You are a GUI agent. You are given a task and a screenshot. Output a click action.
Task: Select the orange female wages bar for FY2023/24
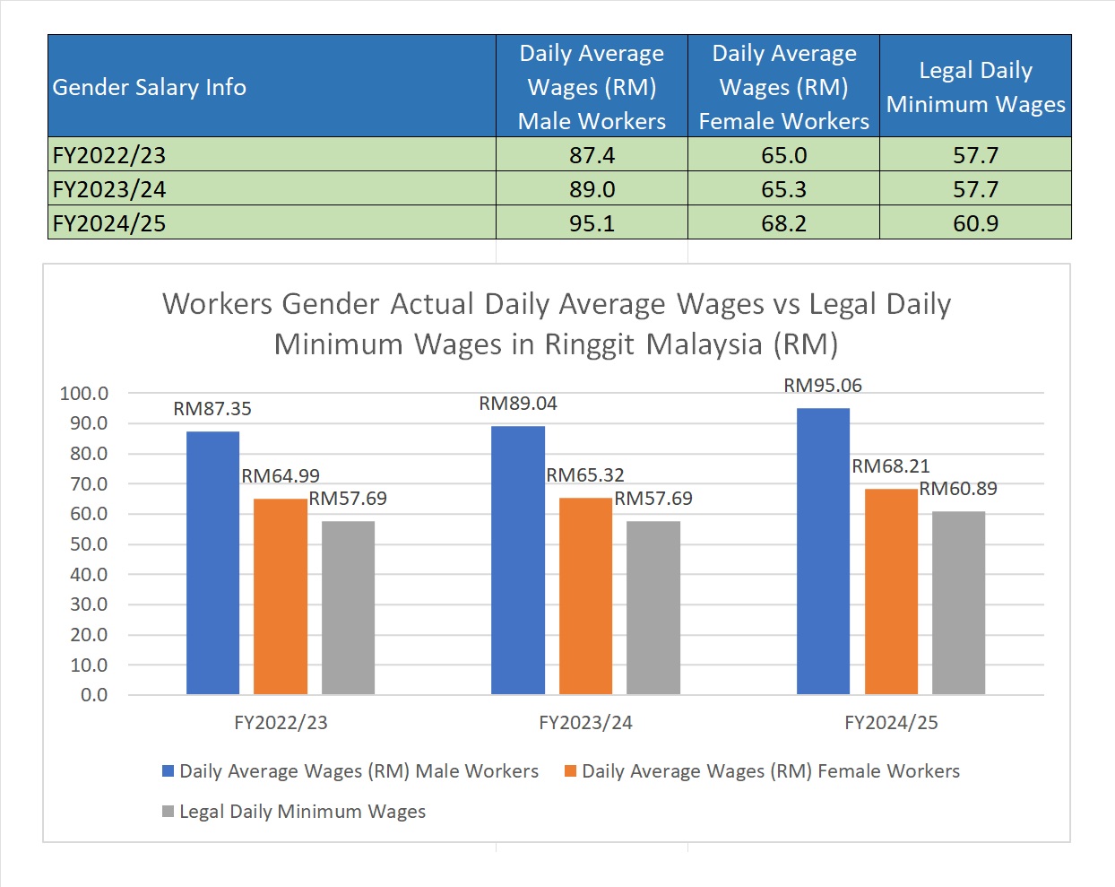(x=585, y=596)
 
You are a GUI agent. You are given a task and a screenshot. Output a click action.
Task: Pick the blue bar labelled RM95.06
(x=823, y=551)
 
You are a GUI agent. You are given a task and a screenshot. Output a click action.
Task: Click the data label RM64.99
(x=281, y=476)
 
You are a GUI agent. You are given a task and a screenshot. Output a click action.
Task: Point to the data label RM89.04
(x=518, y=404)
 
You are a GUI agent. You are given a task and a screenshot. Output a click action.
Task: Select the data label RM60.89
(x=958, y=489)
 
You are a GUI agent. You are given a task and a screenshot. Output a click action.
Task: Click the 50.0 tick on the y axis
(x=89, y=544)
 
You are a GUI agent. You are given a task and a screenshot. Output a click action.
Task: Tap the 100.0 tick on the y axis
(x=84, y=394)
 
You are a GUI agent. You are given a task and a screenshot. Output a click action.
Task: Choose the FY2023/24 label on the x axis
(x=585, y=723)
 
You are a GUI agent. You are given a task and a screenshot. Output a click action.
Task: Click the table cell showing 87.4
(x=592, y=155)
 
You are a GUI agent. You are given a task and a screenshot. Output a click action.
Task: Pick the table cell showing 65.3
(x=783, y=189)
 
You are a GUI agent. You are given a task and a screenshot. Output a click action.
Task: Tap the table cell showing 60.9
(x=975, y=223)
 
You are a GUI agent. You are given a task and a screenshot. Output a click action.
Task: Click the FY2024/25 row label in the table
(x=109, y=223)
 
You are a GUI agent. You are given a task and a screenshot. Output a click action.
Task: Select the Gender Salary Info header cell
(x=150, y=87)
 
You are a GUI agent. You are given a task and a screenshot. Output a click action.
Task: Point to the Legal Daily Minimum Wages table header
(x=975, y=87)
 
